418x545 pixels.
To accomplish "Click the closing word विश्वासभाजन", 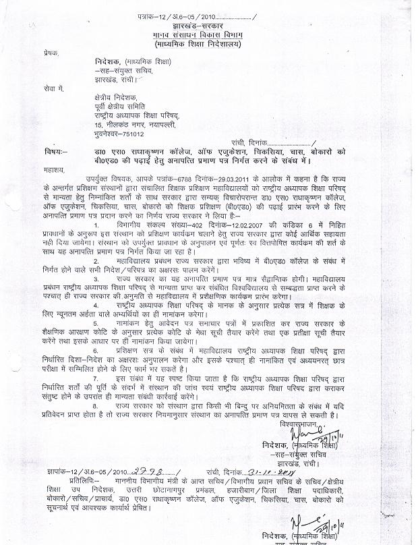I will [x=303, y=427].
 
